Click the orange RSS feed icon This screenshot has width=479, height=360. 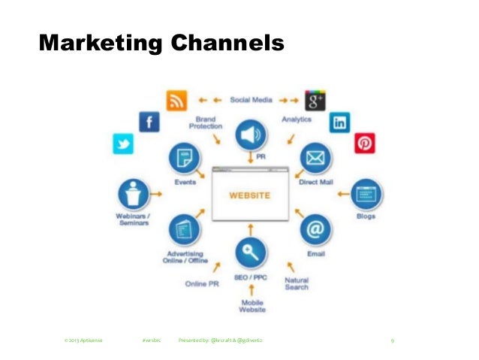(177, 99)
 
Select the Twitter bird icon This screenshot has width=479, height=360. (122, 144)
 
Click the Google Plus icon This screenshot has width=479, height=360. (314, 99)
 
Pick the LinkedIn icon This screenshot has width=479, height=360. (340, 122)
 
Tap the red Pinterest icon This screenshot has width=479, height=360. (365, 142)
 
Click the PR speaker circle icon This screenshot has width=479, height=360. (251, 136)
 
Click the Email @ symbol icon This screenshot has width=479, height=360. (315, 228)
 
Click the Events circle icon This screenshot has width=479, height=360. (185, 158)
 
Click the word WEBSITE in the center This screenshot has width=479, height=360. (250, 196)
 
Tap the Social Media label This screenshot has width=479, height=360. (251, 98)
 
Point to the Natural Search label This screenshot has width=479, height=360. (297, 283)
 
